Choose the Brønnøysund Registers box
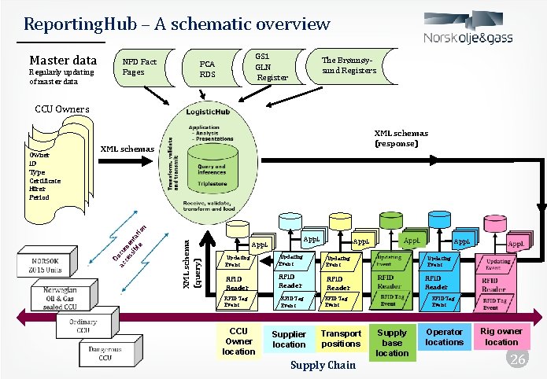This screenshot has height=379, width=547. click(349, 68)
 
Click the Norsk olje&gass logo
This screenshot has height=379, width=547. click(475, 31)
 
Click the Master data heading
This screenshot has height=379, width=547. click(63, 61)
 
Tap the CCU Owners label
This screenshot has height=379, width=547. click(58, 109)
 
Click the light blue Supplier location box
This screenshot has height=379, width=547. click(289, 340)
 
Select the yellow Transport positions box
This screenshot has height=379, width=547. click(341, 339)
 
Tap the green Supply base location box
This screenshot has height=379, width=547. click(392, 343)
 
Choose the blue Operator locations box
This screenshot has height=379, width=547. click(445, 337)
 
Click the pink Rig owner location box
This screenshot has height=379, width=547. click(501, 337)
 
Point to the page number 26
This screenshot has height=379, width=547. click(517, 359)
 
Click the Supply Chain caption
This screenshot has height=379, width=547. click(323, 366)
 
